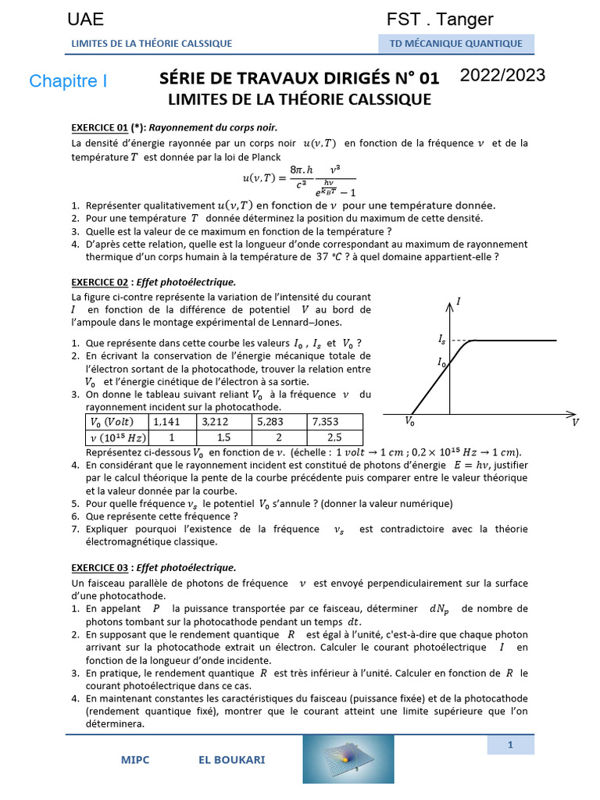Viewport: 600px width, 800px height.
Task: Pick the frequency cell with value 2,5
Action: (334, 437)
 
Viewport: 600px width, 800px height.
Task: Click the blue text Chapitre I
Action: (68, 81)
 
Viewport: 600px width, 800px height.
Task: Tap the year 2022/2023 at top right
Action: (502, 76)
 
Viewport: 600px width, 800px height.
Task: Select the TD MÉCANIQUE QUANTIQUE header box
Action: (456, 44)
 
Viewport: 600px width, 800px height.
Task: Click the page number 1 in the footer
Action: (510, 745)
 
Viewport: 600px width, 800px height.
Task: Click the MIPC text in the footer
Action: (135, 759)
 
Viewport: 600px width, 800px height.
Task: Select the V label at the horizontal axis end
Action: (575, 422)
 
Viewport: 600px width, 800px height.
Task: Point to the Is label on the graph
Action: (442, 340)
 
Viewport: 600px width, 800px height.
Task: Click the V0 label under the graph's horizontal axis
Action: (410, 421)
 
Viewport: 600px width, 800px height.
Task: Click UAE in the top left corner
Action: (85, 20)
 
